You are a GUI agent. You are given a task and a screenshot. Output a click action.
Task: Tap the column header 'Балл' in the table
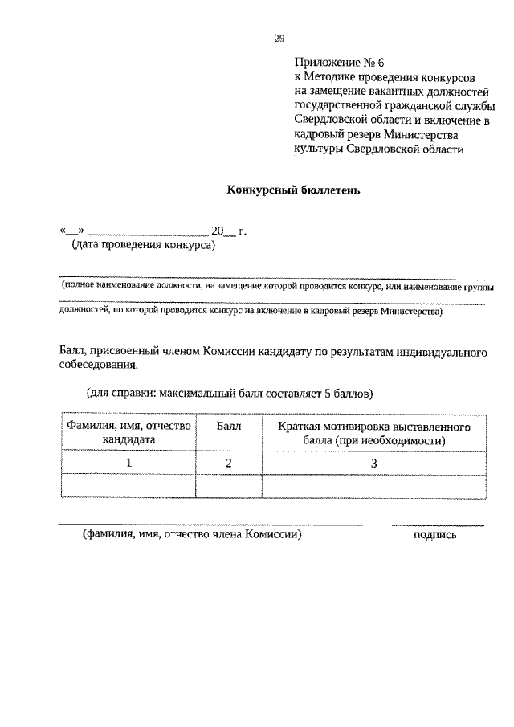click(229, 426)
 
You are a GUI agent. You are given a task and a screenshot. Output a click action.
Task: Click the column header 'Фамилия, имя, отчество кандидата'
click(128, 432)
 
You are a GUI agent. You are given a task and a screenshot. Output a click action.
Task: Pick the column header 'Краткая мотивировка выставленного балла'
click(373, 432)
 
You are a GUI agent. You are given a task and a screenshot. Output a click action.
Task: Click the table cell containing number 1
click(128, 463)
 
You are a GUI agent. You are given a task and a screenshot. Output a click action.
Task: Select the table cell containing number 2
click(229, 463)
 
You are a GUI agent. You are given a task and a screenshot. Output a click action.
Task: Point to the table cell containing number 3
click(373, 463)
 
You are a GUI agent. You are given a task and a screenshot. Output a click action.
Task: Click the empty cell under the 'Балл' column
click(229, 487)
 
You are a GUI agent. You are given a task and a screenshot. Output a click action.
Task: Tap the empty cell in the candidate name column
click(128, 487)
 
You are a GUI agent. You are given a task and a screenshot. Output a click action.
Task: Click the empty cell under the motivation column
click(373, 487)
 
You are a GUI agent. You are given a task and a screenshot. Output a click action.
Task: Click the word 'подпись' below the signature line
click(434, 535)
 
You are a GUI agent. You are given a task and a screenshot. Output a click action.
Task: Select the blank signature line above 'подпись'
click(437, 525)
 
